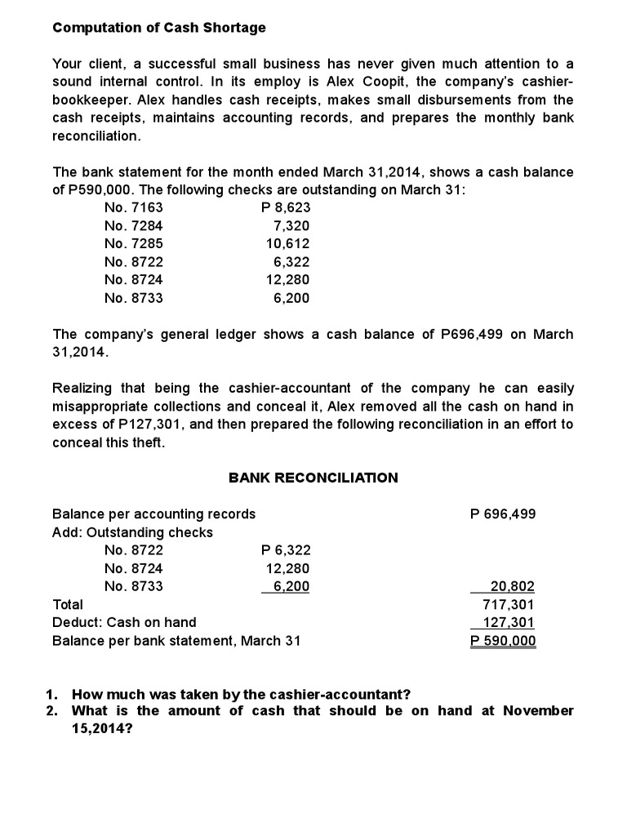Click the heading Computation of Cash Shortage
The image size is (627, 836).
point(159,28)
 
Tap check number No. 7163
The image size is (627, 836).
point(134,208)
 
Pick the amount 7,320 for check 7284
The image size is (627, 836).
point(291,226)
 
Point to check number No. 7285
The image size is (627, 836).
point(134,244)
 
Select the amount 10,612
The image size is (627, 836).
point(287,244)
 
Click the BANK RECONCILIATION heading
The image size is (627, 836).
point(313,478)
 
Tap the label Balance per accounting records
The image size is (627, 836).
point(153,514)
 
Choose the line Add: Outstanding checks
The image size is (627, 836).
point(132,532)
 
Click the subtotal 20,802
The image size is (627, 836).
point(513,586)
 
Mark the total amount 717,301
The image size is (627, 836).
point(510,605)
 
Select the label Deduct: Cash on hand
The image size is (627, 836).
point(124,623)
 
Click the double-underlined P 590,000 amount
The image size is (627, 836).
point(504,641)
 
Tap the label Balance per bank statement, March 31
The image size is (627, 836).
point(176,641)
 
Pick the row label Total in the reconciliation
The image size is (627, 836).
point(68,605)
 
